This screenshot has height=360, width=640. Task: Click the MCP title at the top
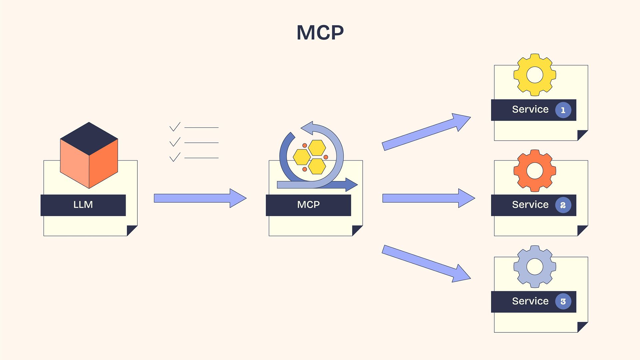320,33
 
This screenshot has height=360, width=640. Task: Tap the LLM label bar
83,205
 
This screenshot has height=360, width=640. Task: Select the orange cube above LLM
89,155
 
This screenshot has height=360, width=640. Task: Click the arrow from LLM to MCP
200,198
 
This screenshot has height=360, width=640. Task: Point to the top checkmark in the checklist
175,127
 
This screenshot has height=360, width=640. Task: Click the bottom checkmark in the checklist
175,157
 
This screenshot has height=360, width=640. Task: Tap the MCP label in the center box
308,205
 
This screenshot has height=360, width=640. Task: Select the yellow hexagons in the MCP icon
309,157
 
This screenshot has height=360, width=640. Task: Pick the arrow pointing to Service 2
428,198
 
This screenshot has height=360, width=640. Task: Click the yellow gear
535,75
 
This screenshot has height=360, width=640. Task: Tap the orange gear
535,171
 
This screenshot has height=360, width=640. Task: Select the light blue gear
535,267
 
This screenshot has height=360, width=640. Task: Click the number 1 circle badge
563,110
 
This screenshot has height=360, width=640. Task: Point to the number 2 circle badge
563,205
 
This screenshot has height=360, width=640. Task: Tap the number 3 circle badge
563,301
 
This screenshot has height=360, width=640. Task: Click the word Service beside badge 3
530,301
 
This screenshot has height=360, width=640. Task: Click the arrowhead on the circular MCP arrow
307,128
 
